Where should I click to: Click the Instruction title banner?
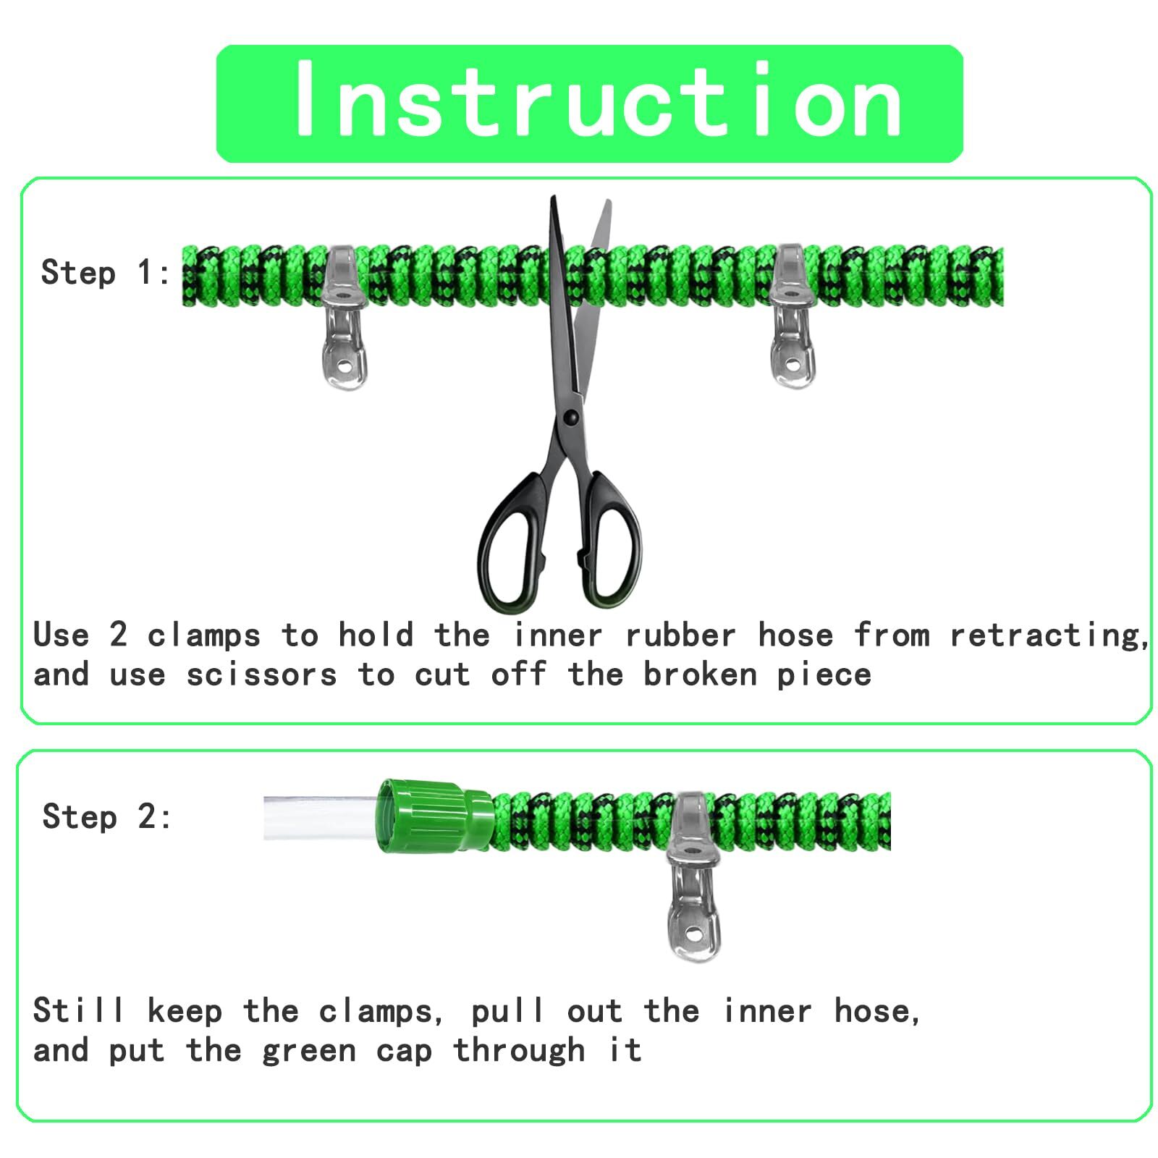[589, 103]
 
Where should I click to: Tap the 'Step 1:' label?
[106, 273]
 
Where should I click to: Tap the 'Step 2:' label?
[107, 816]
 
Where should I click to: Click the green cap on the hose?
[434, 816]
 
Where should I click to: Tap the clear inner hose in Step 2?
[318, 818]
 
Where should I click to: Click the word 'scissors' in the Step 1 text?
[261, 675]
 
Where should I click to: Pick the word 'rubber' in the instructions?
[680, 635]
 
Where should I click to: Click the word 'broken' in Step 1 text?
[700, 675]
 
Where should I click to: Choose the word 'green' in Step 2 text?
[309, 1051]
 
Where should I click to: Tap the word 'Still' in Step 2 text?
[78, 1010]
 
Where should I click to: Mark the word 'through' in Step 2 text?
[519, 1051]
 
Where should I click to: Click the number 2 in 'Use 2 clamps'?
[119, 635]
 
